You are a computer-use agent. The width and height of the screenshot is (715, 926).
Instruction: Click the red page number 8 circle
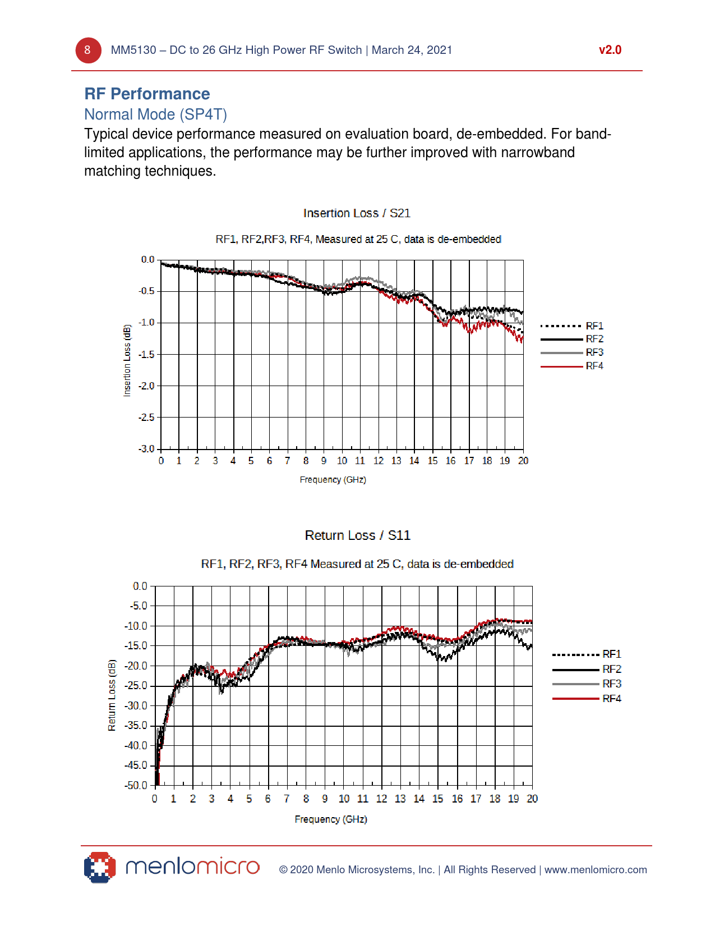[x=88, y=51]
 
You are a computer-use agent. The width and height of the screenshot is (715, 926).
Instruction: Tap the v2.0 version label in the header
[x=610, y=50]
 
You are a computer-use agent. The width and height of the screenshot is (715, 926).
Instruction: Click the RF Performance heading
[x=147, y=94]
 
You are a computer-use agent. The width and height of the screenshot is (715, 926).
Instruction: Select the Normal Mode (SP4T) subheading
[x=155, y=114]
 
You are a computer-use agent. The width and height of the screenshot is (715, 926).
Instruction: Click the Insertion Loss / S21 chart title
[x=357, y=213]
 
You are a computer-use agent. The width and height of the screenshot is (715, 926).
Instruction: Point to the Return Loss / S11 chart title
[x=357, y=535]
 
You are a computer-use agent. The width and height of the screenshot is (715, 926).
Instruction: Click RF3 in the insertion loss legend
[x=594, y=352]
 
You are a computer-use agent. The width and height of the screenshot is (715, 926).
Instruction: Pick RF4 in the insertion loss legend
[x=594, y=366]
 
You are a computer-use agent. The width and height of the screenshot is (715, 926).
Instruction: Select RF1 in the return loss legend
[x=611, y=654]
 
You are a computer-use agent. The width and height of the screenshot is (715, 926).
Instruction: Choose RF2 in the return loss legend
[x=611, y=669]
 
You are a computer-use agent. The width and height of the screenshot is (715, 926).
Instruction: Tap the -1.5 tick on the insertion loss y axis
[x=147, y=354]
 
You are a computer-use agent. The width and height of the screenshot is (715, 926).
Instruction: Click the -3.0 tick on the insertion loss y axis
[x=147, y=449]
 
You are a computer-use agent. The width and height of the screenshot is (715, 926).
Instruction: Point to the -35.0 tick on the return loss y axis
[x=136, y=726]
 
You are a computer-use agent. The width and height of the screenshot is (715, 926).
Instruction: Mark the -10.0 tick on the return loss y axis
[x=136, y=626]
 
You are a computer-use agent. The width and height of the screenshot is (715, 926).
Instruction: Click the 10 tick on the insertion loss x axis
[x=342, y=461]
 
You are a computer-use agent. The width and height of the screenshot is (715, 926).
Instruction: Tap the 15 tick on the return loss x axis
[x=437, y=799]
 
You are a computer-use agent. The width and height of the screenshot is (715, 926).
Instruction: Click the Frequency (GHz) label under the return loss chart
[x=331, y=819]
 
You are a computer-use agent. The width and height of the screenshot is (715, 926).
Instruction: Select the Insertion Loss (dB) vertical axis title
[x=127, y=360]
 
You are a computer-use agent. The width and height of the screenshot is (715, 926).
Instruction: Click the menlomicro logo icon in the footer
[x=100, y=868]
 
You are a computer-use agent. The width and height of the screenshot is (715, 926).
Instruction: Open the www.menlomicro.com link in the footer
[x=596, y=870]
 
